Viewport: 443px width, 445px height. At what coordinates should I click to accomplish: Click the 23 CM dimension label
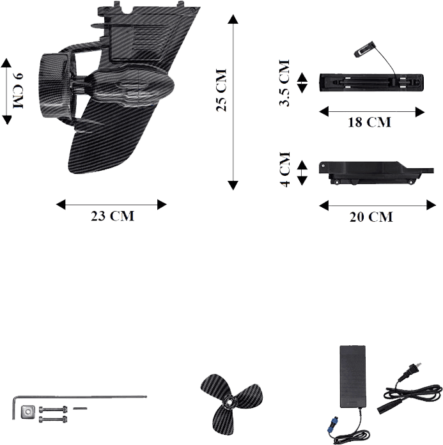113,215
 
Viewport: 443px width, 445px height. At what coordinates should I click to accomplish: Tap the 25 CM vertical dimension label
221,90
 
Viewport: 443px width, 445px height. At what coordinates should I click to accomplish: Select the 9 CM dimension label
18,91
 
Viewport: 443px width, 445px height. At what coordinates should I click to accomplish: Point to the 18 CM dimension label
369,122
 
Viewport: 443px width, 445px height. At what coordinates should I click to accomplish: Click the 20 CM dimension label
371,217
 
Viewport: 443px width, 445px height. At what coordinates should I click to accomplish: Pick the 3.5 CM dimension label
284,83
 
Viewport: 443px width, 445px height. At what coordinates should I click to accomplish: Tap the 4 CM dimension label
285,169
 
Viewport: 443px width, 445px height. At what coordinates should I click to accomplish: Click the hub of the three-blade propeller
229,402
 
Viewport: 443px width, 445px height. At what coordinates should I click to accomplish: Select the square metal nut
28,412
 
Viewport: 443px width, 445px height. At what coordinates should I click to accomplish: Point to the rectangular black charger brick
352,377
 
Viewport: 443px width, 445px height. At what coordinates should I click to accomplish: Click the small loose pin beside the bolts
80,409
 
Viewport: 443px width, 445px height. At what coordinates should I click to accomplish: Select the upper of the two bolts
53,410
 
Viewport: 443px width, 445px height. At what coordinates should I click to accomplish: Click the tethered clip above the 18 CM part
363,51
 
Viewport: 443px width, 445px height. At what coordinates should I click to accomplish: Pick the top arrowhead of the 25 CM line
233,19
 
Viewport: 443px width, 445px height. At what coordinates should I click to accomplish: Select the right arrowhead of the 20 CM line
431,205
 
